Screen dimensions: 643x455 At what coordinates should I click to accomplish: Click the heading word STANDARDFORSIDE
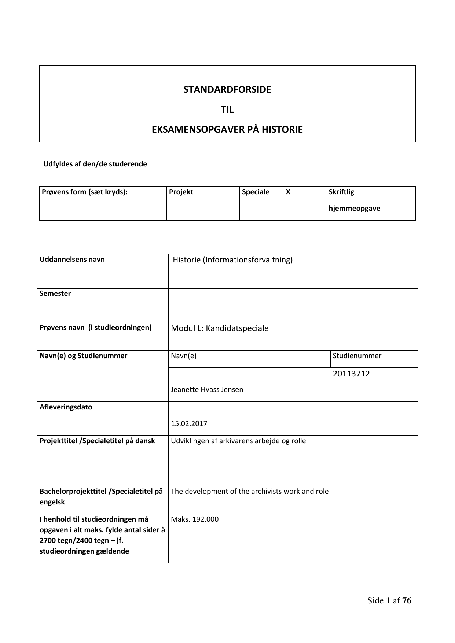pos(227,89)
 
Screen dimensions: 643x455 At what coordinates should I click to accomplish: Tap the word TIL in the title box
pos(227,110)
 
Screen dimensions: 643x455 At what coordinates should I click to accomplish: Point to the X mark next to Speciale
pos(288,192)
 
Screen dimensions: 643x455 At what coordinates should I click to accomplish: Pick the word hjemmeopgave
pos(354,209)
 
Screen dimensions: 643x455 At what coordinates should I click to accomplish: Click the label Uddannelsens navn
pos(72,260)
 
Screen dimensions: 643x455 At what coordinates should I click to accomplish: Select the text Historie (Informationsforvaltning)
pos(232,260)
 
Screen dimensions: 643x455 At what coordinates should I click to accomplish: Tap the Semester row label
pos(55,293)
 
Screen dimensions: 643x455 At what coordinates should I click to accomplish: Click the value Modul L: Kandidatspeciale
pos(220,328)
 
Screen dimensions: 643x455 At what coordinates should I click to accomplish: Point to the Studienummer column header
pos(357,356)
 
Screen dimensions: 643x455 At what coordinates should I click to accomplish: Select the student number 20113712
pos(351,374)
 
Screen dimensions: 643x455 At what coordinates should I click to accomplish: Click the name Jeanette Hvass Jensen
pos(207,389)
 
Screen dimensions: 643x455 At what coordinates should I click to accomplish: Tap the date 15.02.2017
pos(189,423)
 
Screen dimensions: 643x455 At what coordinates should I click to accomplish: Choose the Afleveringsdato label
pos(66,407)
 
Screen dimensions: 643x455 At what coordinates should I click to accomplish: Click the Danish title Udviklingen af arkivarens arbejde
pos(238,441)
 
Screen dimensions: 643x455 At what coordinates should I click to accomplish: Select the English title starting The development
pos(250,491)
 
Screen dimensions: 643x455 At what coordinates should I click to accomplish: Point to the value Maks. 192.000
pos(195,519)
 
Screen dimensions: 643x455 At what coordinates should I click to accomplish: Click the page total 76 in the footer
pos(407,600)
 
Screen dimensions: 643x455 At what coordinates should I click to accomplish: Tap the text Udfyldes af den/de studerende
pos(95,164)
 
